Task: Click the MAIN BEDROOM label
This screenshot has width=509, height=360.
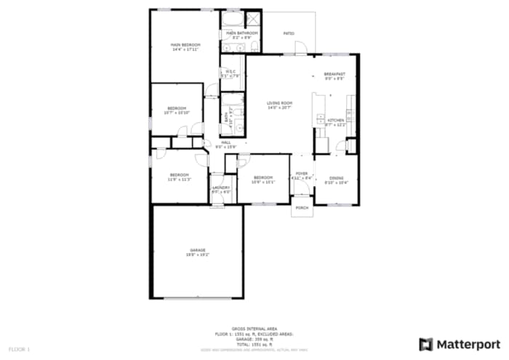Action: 185,44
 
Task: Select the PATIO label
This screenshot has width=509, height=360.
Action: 288,33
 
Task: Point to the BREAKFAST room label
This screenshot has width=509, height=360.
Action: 334,73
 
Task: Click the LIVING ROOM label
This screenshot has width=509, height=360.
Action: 278,103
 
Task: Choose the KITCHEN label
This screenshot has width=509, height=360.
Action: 335,120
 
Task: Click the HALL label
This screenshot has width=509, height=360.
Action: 226,143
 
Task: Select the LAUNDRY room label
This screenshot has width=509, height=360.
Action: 221,188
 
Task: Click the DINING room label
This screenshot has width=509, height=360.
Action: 335,177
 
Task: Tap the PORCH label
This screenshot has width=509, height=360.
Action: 302,208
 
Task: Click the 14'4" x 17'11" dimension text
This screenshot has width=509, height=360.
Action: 185,49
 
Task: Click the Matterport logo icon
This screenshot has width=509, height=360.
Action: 426,343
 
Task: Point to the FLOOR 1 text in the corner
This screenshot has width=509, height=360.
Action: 19,350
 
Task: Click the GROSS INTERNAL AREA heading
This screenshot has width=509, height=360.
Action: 254,328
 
